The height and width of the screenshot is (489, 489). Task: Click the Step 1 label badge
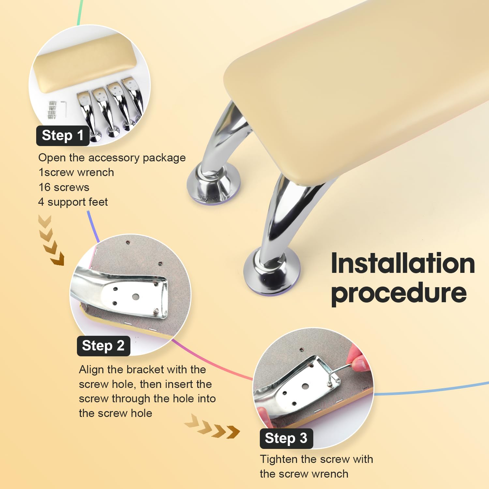pos(63,135)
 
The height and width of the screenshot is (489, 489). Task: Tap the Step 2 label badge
pos(103,346)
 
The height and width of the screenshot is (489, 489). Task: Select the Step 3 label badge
pos(286,438)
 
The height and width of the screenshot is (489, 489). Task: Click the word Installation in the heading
pos(403,263)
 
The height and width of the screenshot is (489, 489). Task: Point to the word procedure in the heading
pos(399,293)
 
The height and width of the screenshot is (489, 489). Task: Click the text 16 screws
pos(64,187)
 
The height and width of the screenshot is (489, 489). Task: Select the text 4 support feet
pos(73,202)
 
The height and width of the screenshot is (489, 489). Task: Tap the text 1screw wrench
pos(76,172)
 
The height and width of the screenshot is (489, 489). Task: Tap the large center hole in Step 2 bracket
pos(135,297)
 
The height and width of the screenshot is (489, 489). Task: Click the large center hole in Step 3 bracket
pos(305,386)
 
